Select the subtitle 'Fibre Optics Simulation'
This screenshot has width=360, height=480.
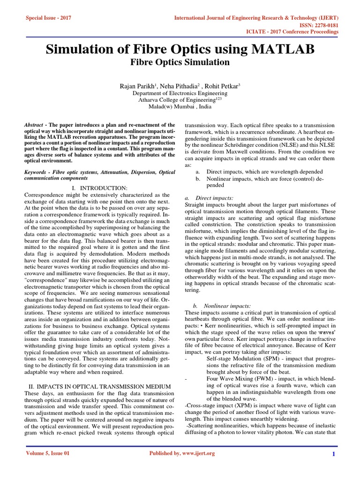coord(180,62)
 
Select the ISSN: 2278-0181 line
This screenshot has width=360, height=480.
coord(317,25)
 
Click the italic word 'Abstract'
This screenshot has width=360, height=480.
coord(34,126)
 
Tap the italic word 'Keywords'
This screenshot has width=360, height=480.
coord(37,173)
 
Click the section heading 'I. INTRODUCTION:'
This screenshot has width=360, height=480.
coord(104,188)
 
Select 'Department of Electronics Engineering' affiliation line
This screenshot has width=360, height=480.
coord(180,93)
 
